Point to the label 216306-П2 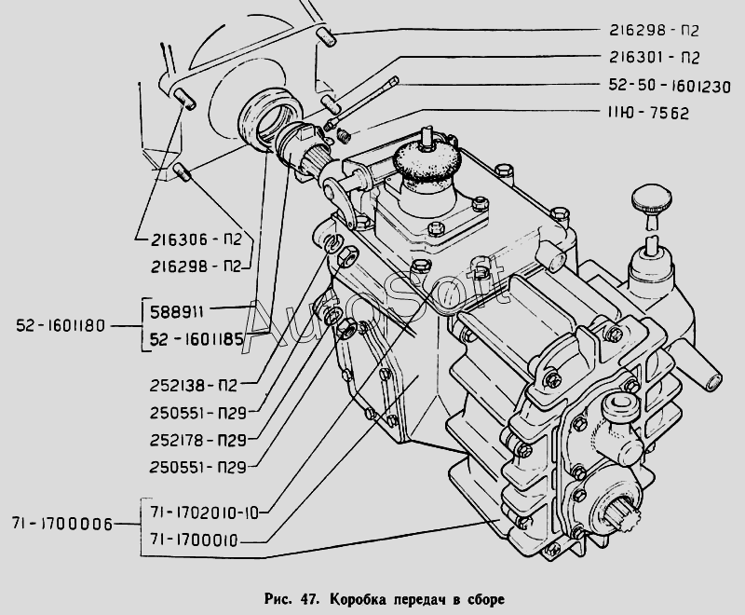pyautogui.click(x=195, y=239)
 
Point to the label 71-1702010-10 pyautogui.click(x=204, y=512)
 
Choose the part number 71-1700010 pyautogui.click(x=195, y=539)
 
